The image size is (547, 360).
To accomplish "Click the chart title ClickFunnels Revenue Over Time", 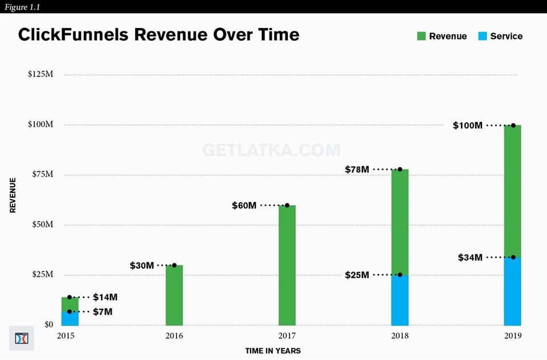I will [x=158, y=35].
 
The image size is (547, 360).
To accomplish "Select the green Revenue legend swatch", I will [x=421, y=36].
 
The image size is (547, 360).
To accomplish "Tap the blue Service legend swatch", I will [x=483, y=36].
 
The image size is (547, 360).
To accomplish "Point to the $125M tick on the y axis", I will [x=40, y=75].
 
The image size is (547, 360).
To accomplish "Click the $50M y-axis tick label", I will [x=40, y=224].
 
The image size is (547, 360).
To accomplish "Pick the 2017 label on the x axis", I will [x=287, y=336].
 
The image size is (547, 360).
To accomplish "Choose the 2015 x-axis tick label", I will [x=66, y=336].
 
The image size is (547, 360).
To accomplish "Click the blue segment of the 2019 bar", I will [x=513, y=291].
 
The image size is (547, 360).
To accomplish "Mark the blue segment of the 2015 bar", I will [x=70, y=318].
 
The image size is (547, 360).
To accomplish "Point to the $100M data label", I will [x=467, y=125].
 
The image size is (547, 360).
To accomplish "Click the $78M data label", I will [x=357, y=170].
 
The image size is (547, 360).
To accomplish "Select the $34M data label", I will [x=470, y=257].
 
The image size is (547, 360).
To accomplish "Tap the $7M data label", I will [x=103, y=312].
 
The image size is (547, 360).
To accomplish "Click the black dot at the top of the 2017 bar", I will [x=287, y=205].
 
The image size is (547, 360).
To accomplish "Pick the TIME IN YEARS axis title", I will [x=273, y=351].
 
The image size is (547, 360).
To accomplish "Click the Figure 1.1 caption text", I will [x=23, y=7].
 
